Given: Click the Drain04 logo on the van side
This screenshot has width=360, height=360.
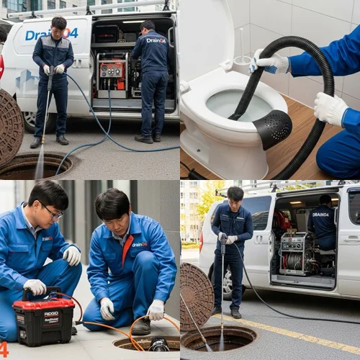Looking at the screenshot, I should (x=50, y=34).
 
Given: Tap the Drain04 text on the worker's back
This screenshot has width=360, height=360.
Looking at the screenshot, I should (x=156, y=40).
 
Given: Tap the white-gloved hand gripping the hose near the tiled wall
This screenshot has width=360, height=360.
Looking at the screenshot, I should (x=265, y=62).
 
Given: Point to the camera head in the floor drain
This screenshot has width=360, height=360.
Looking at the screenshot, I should (x=158, y=346).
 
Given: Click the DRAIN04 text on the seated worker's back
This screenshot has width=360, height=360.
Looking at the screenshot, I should (x=320, y=215).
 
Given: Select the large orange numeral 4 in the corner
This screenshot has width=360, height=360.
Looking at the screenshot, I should (x=4, y=349).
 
